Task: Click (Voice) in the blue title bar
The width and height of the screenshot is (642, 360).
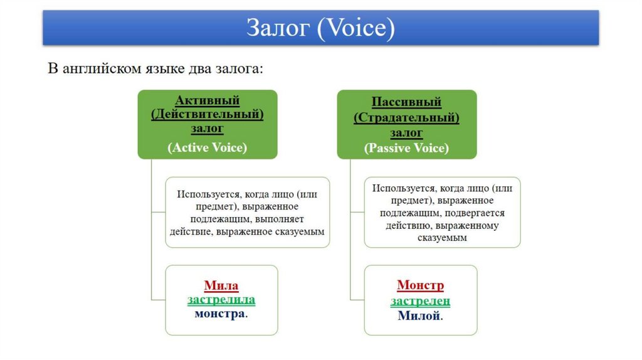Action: click(x=355, y=28)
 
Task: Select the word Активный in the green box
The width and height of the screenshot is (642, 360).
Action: click(x=207, y=100)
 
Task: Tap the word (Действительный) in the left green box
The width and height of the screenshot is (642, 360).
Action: click(x=207, y=115)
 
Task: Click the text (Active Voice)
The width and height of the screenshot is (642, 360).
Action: click(x=207, y=148)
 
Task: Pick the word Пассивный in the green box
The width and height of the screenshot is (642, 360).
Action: click(x=406, y=102)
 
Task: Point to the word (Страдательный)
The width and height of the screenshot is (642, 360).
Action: click(x=406, y=117)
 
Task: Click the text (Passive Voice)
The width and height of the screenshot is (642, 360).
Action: click(x=406, y=149)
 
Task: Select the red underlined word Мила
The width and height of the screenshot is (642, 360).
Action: click(x=221, y=286)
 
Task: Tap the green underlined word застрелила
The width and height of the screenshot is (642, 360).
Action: click(x=221, y=300)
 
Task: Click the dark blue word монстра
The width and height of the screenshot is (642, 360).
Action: click(x=219, y=314)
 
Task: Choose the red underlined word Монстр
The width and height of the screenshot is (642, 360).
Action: click(x=420, y=286)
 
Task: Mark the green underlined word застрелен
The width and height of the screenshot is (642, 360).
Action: click(x=420, y=301)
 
